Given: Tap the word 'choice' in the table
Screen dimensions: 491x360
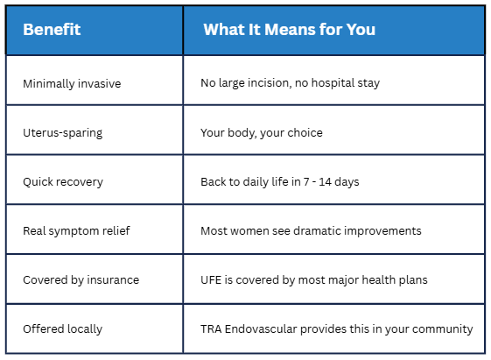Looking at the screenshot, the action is coord(305,132).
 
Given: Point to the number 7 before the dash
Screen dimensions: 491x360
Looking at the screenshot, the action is coord(306,182).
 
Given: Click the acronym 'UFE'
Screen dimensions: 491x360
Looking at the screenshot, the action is coord(211,279).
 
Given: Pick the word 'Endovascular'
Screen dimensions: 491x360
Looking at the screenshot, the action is coord(261,329).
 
